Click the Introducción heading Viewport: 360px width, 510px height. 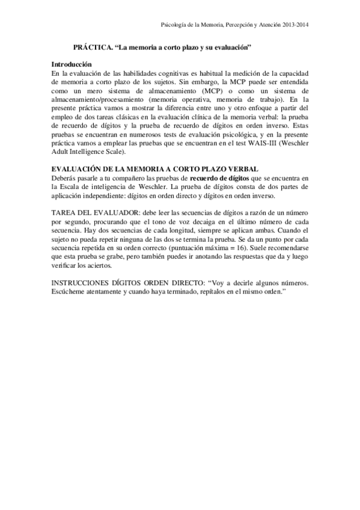pos(71,64)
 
